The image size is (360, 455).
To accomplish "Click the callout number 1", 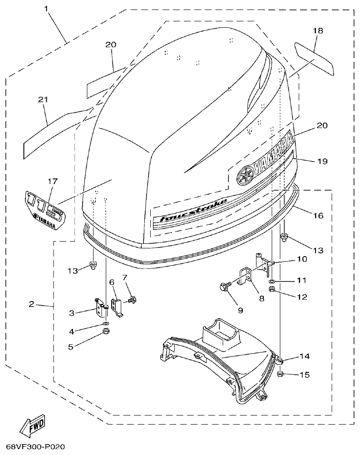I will (46, 8).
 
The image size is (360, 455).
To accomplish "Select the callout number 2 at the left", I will (31, 304).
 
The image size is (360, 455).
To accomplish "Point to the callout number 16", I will (318, 215).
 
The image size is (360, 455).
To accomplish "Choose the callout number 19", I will (322, 161).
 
